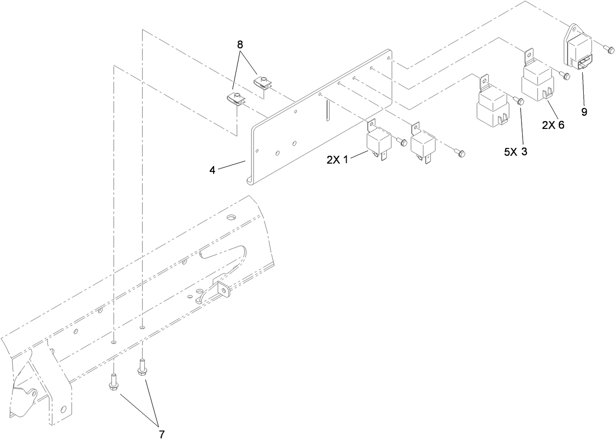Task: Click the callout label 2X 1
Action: (x=337, y=160)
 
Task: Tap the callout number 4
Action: (x=212, y=170)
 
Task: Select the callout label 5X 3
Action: (x=516, y=151)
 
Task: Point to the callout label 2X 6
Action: (x=553, y=125)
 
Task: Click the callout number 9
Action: (x=584, y=112)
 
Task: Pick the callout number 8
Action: (x=240, y=44)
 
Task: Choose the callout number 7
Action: (x=162, y=435)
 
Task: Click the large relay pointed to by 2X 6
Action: (x=537, y=80)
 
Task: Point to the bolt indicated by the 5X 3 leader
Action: (x=518, y=101)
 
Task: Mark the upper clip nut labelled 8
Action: (x=263, y=82)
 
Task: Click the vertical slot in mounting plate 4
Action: (x=328, y=110)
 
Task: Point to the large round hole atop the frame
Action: (x=231, y=217)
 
